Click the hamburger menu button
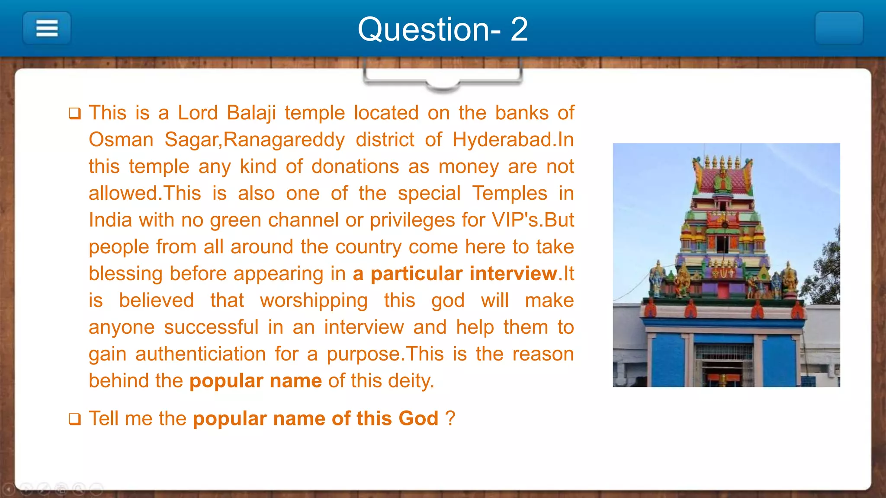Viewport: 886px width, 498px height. pos(47,29)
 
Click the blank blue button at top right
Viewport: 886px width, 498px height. pos(839,29)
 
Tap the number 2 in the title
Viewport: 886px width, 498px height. pos(519,29)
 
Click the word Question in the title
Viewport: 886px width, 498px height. pos(424,29)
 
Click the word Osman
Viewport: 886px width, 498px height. pos(121,140)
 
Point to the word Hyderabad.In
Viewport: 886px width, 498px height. pos(513,140)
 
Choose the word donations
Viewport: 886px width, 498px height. pos(355,167)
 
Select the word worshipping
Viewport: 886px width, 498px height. pos(314,301)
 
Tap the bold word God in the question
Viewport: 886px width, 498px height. pos(418,418)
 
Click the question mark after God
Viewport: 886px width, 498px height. pos(450,418)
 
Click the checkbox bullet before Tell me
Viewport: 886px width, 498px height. pos(74,419)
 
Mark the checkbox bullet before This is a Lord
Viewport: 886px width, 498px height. pos(74,114)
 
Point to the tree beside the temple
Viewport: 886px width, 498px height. pos(826,268)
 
